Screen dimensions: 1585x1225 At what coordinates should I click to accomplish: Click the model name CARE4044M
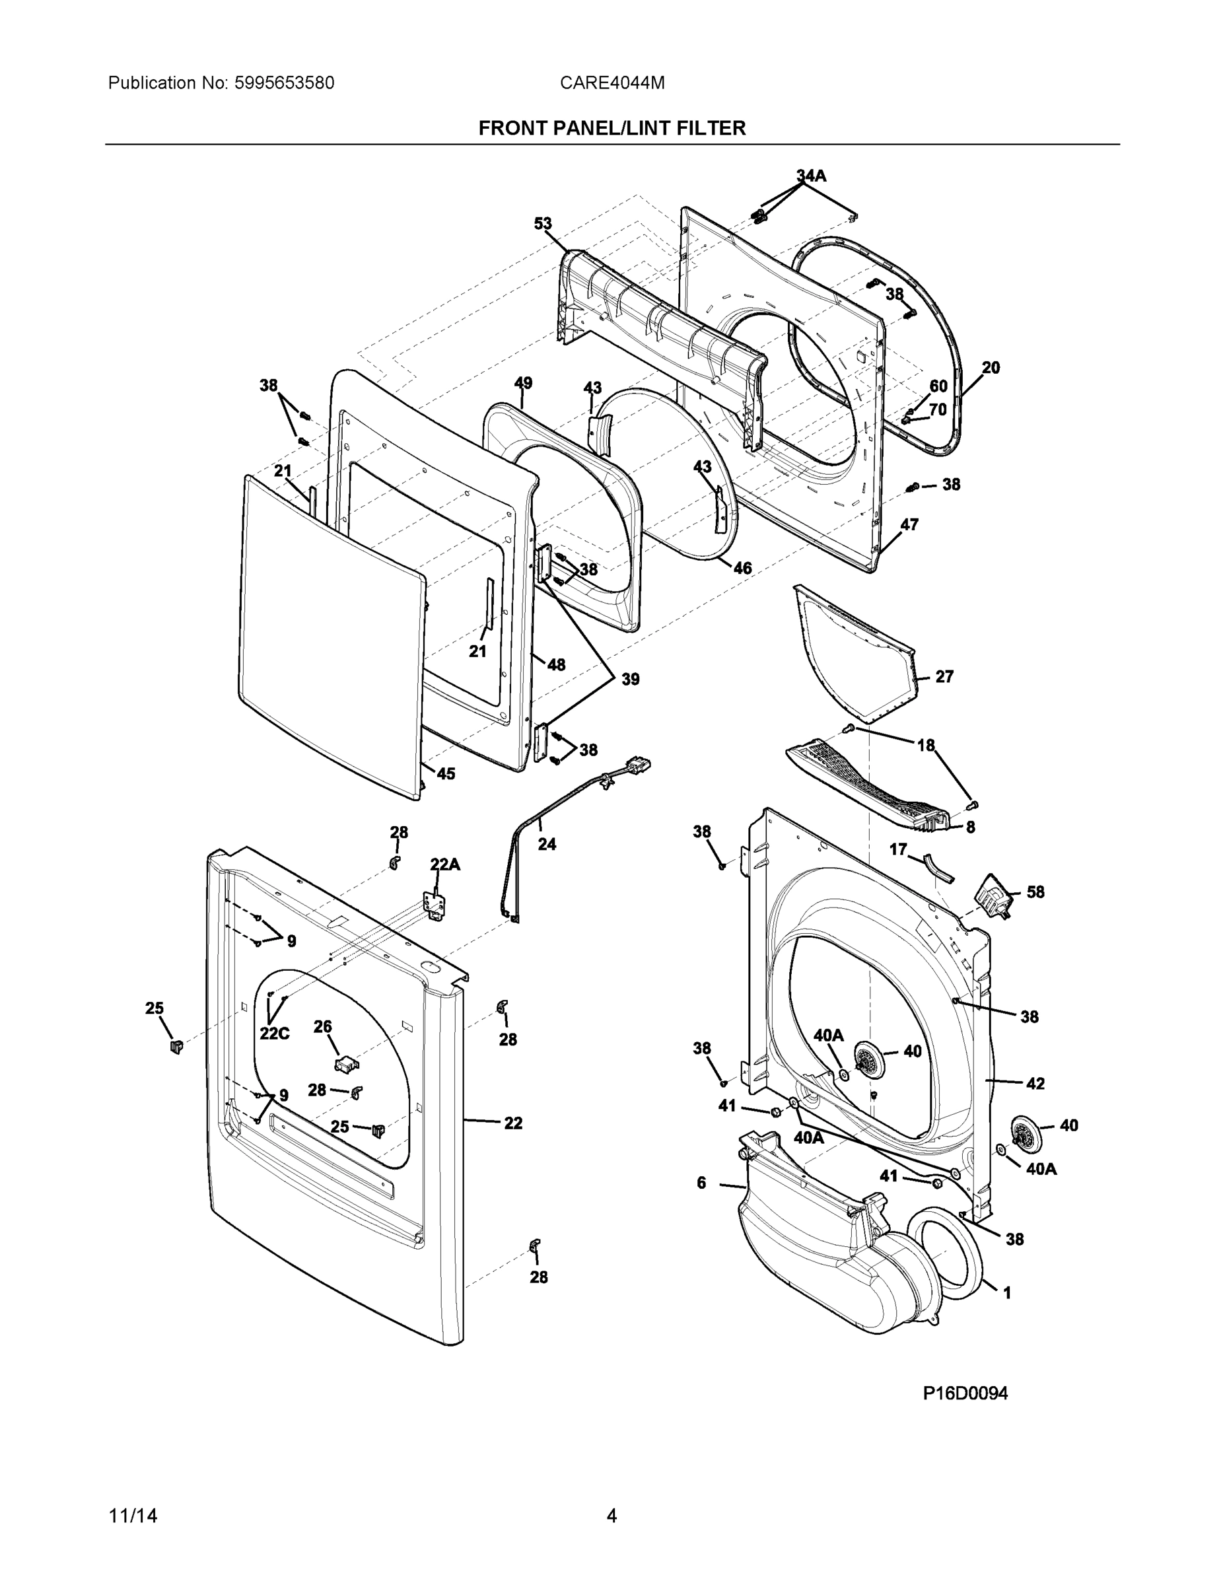tap(612, 83)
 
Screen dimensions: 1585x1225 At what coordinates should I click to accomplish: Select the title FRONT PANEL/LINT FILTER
tap(612, 129)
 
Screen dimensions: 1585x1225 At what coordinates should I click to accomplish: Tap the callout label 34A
tap(811, 176)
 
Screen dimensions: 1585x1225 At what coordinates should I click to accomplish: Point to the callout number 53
tap(543, 223)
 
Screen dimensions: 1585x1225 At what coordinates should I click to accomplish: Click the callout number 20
tap(991, 367)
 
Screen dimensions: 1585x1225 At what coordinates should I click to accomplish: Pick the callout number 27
tap(944, 676)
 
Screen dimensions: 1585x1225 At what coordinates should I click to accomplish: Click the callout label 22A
tap(445, 864)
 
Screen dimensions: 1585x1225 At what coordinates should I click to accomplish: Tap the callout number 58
tap(1035, 892)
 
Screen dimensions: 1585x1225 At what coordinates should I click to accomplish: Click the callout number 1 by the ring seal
tap(1006, 1292)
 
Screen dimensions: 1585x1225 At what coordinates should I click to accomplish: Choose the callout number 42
tap(1035, 1084)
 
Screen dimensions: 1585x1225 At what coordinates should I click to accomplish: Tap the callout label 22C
tap(274, 1034)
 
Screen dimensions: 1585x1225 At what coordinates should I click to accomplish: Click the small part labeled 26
tap(346, 1064)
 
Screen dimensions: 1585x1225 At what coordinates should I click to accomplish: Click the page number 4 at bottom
tap(611, 1516)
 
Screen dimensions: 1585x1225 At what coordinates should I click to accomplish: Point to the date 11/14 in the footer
tap(133, 1516)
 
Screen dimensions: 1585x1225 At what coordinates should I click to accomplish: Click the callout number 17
tap(897, 849)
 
